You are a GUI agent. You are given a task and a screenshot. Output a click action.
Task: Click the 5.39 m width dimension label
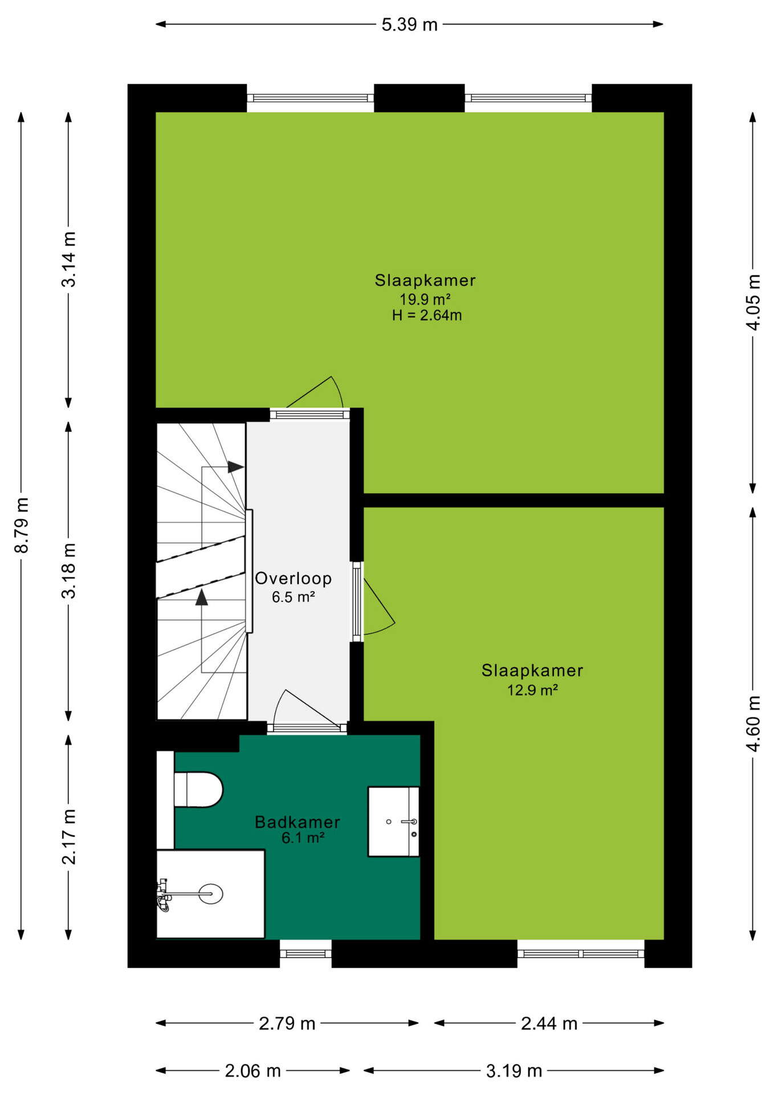(x=409, y=25)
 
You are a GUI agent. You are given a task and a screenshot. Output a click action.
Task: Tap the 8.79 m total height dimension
(x=22, y=525)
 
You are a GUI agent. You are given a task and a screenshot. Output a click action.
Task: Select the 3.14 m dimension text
(x=68, y=259)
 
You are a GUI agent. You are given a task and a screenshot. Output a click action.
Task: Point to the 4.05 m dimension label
(x=753, y=302)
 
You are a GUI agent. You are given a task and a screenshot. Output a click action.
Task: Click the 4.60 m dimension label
(x=753, y=723)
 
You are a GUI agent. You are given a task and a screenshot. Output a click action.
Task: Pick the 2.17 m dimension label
(x=68, y=837)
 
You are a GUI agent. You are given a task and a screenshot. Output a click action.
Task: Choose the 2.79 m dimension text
(x=287, y=1023)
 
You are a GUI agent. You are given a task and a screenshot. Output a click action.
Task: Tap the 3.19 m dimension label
(x=514, y=1071)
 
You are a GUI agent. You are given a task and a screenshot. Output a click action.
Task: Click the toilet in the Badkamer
(x=198, y=789)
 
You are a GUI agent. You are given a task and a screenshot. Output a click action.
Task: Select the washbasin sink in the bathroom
(x=393, y=821)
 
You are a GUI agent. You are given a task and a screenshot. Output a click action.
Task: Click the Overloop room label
(x=293, y=578)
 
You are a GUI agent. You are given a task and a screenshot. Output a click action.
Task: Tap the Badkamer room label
(x=298, y=822)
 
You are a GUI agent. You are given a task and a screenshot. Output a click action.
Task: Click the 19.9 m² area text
(x=425, y=299)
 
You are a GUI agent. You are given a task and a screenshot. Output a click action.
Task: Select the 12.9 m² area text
(x=532, y=690)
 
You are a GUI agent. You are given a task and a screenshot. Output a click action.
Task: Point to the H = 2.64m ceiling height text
(x=427, y=315)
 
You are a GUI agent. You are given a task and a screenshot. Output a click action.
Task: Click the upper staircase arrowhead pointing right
(x=236, y=467)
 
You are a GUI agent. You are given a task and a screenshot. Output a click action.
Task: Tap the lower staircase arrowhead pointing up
(x=202, y=597)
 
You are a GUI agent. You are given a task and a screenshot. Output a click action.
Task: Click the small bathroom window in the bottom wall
(x=305, y=954)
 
